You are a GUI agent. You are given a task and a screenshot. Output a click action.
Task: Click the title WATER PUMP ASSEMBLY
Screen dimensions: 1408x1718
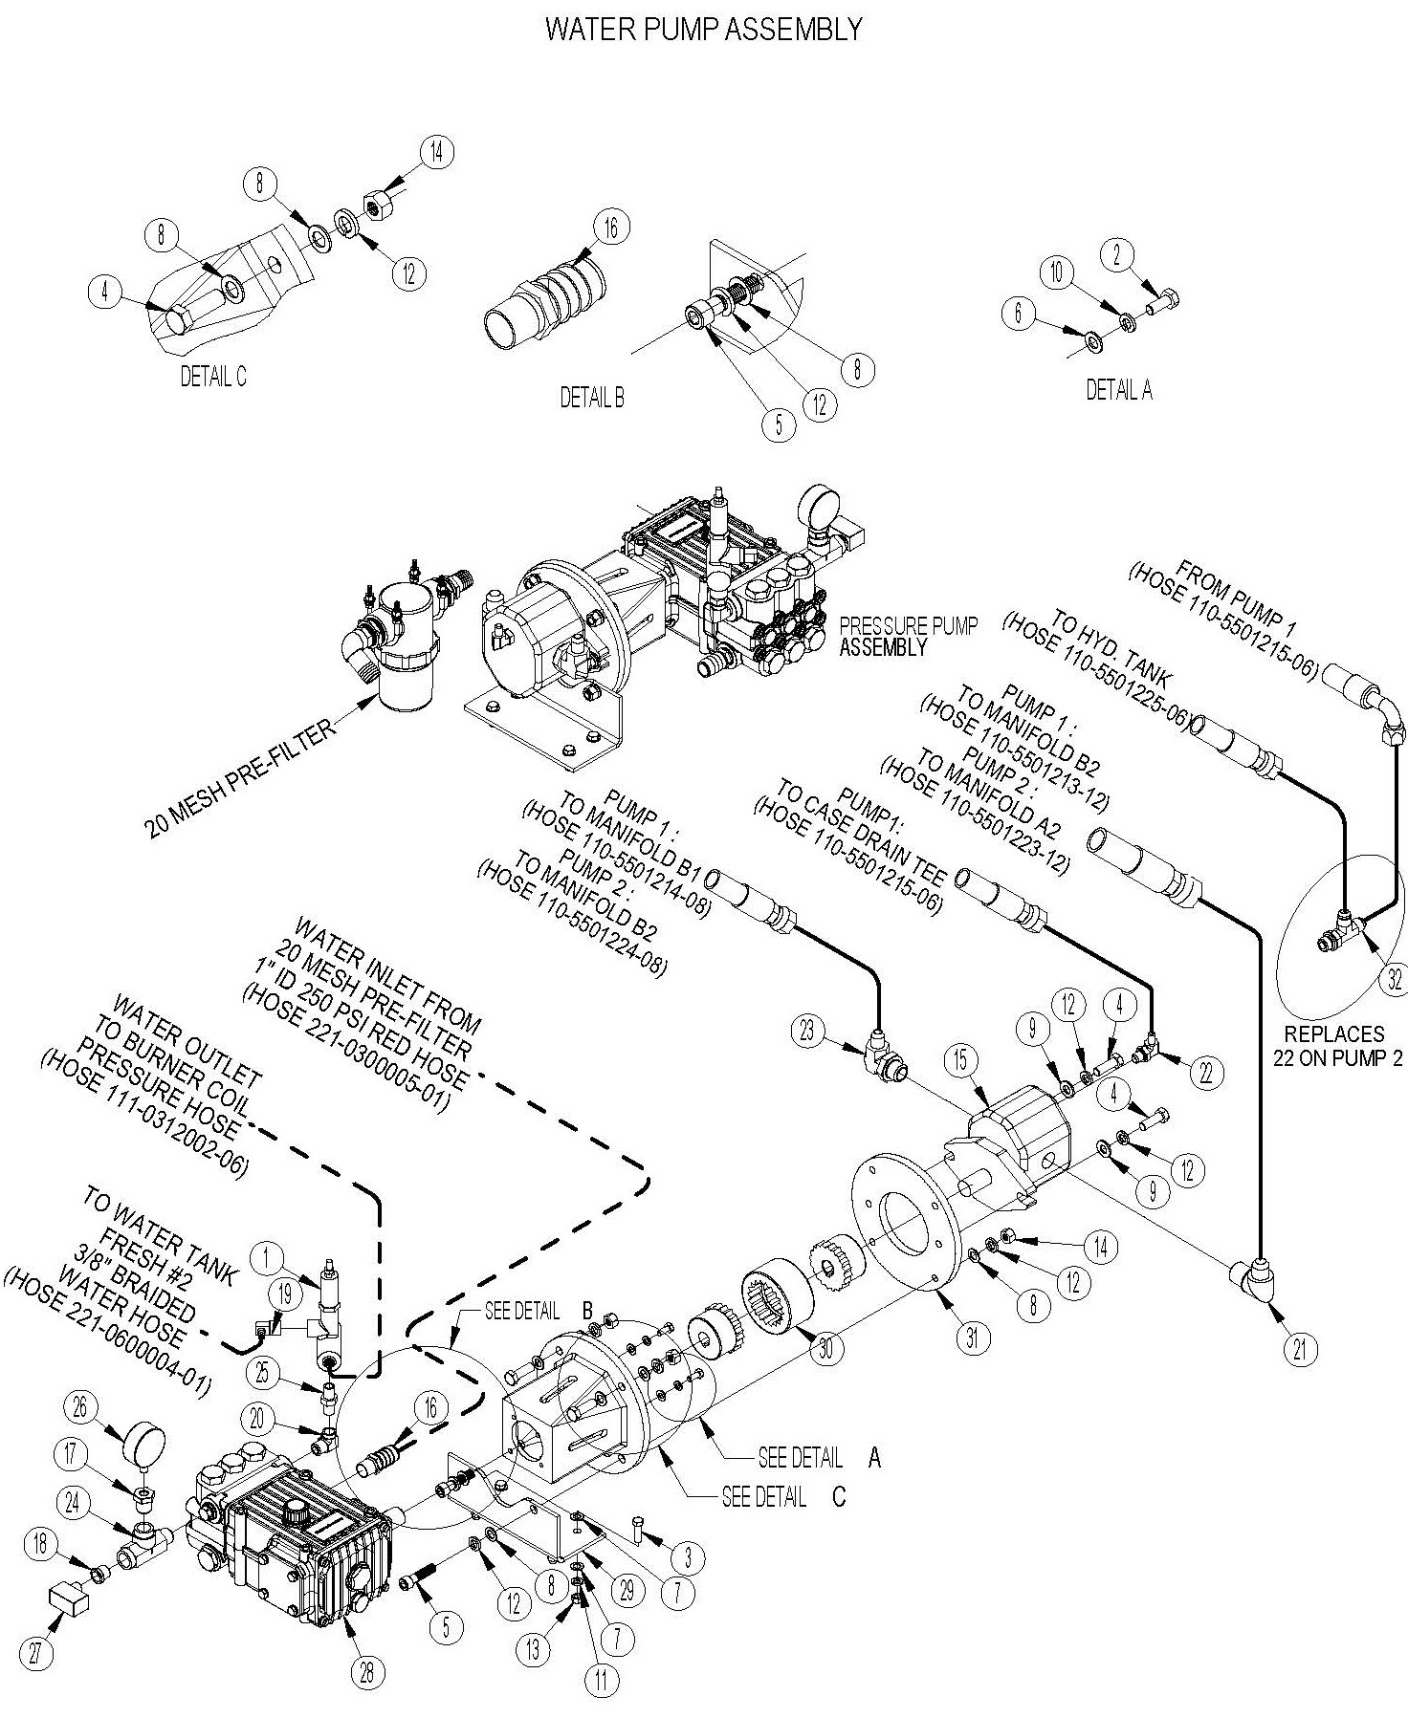(703, 30)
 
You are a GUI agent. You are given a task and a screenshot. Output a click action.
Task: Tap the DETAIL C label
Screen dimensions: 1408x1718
(213, 377)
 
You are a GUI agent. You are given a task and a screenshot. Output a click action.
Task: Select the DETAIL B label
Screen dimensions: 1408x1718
(592, 398)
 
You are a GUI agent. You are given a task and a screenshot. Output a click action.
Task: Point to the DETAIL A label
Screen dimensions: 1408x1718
(1118, 390)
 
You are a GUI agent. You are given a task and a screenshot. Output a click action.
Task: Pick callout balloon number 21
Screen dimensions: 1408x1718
(1299, 1348)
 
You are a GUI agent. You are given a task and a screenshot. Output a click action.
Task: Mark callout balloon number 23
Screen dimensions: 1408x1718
(808, 1030)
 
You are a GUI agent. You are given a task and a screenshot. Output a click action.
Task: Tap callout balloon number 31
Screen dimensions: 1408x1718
(973, 1338)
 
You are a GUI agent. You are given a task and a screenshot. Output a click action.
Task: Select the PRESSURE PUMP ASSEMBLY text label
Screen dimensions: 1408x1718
(909, 637)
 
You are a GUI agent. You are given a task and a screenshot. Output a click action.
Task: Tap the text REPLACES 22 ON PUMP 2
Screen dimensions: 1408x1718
(1332, 1045)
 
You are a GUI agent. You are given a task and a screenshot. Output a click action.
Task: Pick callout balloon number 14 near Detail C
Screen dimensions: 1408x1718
(436, 153)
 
